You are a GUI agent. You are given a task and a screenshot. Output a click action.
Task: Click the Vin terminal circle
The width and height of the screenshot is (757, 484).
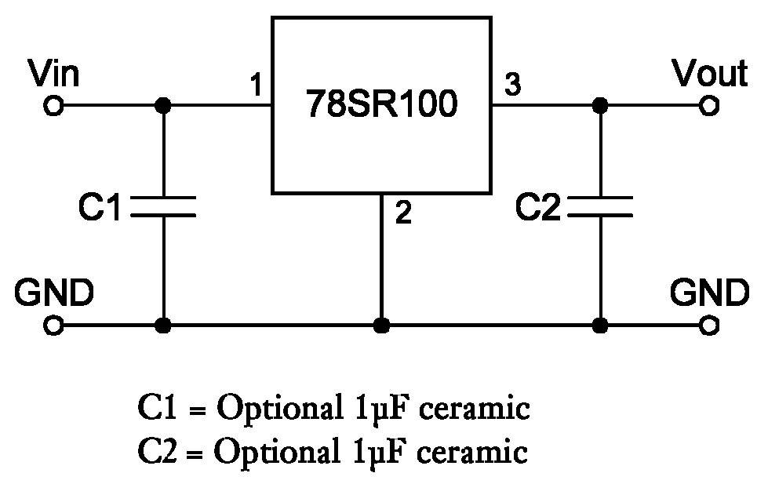coord(53,105)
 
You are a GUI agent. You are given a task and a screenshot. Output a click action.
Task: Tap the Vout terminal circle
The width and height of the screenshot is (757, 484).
coord(709,105)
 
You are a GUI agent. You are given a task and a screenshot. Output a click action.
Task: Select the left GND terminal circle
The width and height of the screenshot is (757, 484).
coord(53,326)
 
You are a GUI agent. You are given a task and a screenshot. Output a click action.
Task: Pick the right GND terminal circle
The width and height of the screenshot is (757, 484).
coord(709,326)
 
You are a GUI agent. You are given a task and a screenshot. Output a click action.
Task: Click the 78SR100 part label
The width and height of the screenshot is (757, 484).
coord(381,104)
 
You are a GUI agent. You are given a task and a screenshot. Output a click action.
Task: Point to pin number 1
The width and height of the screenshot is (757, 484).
coord(257,85)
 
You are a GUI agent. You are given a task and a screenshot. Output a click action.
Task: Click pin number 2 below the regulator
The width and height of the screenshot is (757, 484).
coord(403,213)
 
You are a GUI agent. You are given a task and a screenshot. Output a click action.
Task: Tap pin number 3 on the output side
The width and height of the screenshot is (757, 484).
coord(513,84)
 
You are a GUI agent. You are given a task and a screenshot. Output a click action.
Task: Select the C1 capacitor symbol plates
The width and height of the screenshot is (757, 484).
coord(163,206)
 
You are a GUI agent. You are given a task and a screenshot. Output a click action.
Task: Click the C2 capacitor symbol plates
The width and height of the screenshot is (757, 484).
coord(600,206)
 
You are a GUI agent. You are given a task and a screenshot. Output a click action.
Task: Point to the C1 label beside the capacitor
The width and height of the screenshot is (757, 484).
coord(99,207)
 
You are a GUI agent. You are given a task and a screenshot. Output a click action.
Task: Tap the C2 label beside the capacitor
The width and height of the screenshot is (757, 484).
coord(537,207)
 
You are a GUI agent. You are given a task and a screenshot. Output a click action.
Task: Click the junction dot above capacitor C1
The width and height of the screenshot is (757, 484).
coord(163,105)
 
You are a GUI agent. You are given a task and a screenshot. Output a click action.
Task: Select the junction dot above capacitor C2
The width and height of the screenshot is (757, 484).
coord(600,105)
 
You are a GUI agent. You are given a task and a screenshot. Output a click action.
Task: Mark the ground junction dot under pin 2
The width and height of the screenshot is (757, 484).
coord(381,326)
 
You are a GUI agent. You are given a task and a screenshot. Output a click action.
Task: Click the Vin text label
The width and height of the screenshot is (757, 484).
coord(53,74)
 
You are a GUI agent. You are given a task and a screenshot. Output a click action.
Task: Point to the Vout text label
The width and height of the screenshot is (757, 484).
coord(710,74)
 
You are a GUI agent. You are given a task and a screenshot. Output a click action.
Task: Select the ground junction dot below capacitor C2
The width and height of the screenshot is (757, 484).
coord(600,326)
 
